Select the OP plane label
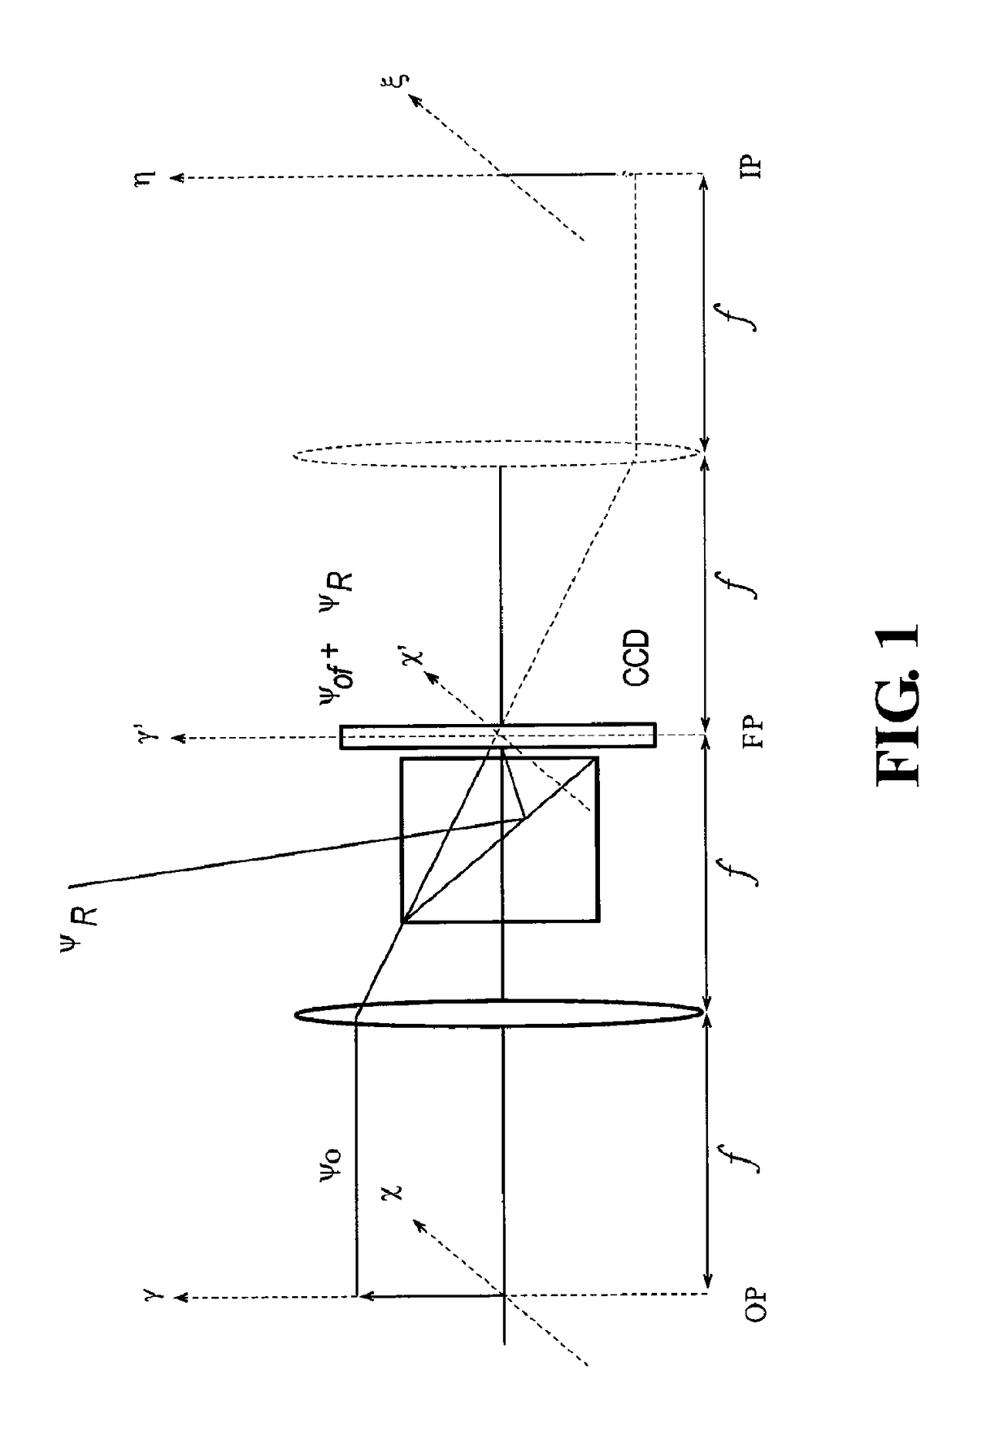tap(755, 1304)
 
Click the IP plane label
tap(754, 166)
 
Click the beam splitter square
tap(500, 839)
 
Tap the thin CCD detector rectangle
tap(497, 735)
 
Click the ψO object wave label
tap(332, 1165)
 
